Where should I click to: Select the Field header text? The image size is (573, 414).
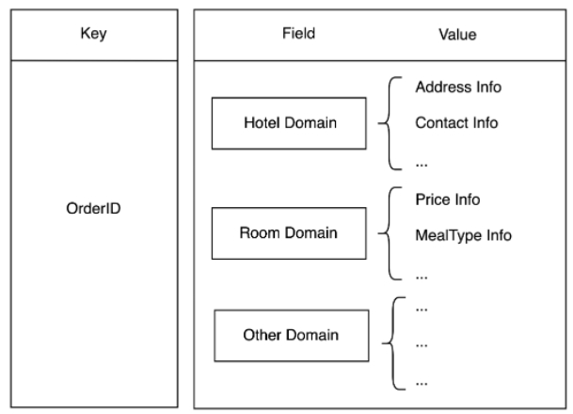pyautogui.click(x=297, y=34)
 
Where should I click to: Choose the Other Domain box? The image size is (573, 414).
pyautogui.click(x=279, y=335)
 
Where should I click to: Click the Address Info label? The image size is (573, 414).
pyautogui.click(x=457, y=88)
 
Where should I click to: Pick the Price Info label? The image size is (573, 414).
pyautogui.click(x=447, y=199)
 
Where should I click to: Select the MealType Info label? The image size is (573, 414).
pyautogui.click(x=463, y=235)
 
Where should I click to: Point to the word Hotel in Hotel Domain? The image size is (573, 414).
pyautogui.click(x=258, y=124)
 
